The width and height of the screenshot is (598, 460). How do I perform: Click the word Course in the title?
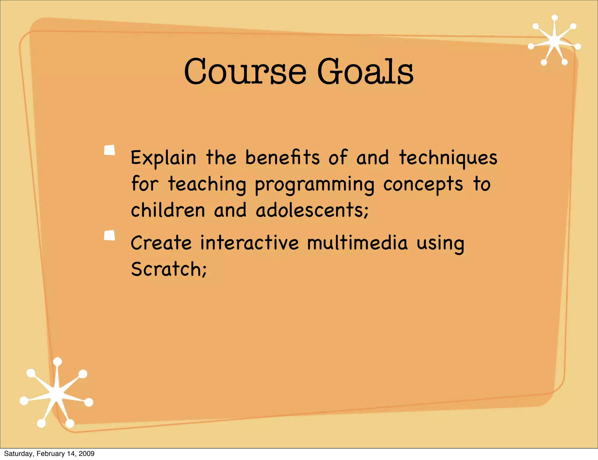(x=245, y=72)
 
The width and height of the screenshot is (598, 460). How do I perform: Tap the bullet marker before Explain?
(x=109, y=150)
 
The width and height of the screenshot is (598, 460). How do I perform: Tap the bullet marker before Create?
(x=109, y=235)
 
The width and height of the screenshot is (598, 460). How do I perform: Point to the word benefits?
(x=282, y=158)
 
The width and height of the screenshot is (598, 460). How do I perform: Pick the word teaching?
(x=207, y=184)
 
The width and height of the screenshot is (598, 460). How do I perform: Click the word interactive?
(x=250, y=243)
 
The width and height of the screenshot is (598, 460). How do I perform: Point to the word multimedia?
(x=357, y=243)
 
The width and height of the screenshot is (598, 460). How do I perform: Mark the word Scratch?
(x=168, y=269)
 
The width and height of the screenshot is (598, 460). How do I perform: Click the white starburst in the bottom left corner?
(x=56, y=393)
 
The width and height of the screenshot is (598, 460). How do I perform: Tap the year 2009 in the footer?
(x=87, y=454)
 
